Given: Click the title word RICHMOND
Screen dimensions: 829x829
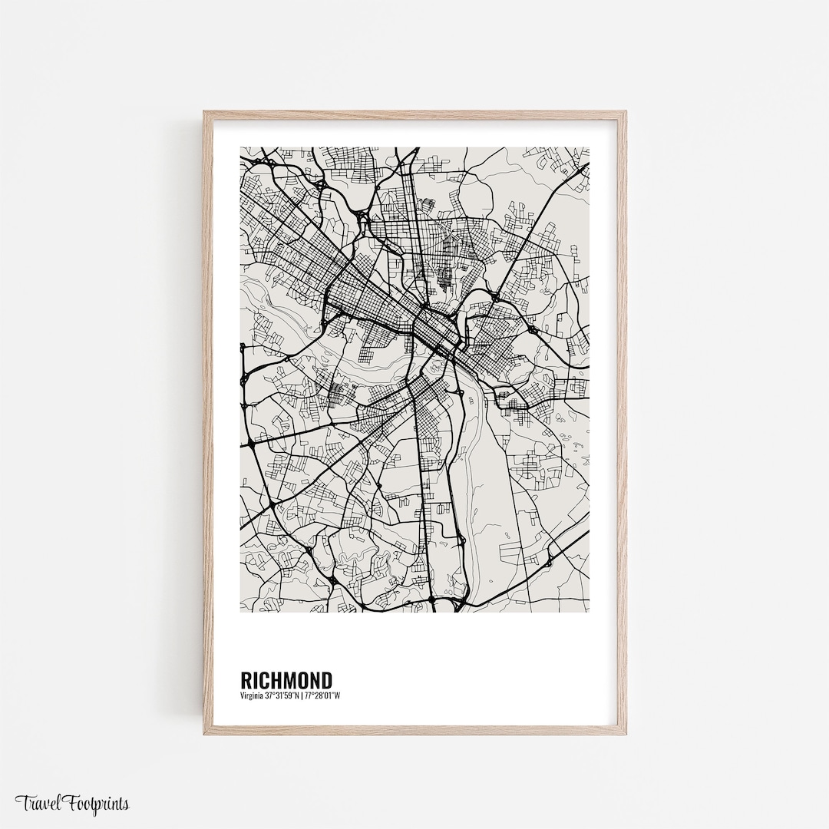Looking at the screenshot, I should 286,681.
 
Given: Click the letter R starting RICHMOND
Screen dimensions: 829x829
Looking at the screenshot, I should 246,681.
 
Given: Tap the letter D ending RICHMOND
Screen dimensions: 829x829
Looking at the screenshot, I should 327,681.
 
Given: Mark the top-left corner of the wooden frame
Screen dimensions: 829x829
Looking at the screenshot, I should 205,112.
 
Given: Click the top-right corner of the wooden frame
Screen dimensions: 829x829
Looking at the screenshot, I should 625,112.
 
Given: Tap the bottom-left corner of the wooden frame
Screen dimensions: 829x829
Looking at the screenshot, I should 205,733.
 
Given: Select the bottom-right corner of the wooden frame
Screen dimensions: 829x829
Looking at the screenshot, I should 625,733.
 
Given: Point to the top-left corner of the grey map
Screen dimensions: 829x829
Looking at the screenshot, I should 241,148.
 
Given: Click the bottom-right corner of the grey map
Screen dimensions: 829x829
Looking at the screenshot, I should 589,611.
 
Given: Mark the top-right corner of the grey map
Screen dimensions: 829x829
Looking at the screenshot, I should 589,148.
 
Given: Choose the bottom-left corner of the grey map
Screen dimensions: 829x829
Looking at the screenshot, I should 241,611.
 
